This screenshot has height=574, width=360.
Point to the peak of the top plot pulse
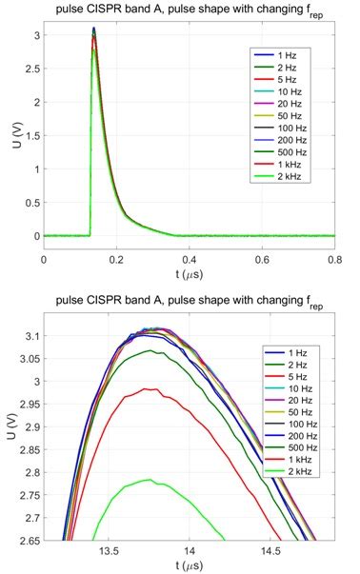(93, 30)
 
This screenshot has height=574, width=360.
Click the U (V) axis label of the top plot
(10, 133)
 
